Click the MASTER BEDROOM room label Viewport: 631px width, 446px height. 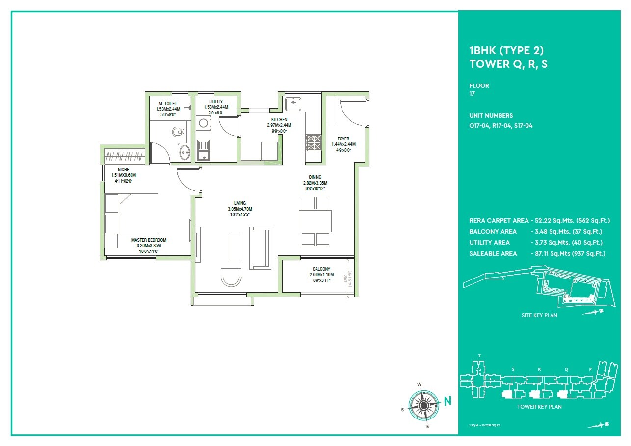pyautogui.click(x=149, y=240)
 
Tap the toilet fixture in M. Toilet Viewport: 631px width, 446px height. pyautogui.click(x=178, y=132)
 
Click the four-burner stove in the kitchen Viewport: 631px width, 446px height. pyautogui.click(x=313, y=142)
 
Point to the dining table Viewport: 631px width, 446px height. pyautogui.click(x=315, y=221)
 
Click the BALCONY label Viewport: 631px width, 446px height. pyautogui.click(x=321, y=269)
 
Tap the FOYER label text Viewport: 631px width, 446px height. pyautogui.click(x=343, y=139)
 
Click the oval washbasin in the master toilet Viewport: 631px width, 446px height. pyautogui.click(x=184, y=152)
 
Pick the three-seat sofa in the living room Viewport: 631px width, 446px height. pyautogui.click(x=260, y=248)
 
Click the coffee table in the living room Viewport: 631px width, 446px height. pyautogui.click(x=235, y=249)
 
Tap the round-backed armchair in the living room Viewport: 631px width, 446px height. pyautogui.click(x=231, y=277)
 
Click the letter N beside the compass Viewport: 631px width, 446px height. pyautogui.click(x=447, y=401)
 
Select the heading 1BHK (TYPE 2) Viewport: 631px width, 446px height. pyautogui.click(x=506, y=50)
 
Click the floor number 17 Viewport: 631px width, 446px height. pyautogui.click(x=472, y=94)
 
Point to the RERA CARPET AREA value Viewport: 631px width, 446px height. pyautogui.click(x=571, y=221)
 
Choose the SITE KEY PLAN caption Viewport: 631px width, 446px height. pyautogui.click(x=539, y=315)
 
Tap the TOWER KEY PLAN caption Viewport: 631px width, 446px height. pyautogui.click(x=539, y=407)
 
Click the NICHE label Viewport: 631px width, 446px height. pyautogui.click(x=123, y=170)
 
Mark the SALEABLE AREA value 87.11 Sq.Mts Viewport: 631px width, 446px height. pyautogui.click(x=568, y=253)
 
